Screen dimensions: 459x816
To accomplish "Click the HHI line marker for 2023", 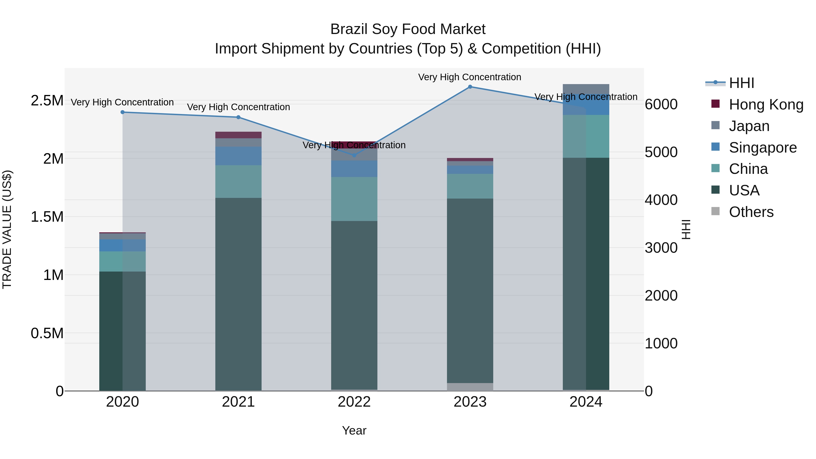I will [x=470, y=87].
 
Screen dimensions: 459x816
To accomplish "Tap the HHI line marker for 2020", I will [x=123, y=112].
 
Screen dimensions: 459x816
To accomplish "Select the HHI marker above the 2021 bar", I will [x=238, y=117].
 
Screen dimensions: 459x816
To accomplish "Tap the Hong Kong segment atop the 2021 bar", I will [x=238, y=135].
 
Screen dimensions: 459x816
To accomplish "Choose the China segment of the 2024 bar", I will [x=586, y=136].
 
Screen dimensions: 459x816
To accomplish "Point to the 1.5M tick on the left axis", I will [x=47, y=217].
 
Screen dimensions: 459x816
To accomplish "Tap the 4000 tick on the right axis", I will [x=661, y=200].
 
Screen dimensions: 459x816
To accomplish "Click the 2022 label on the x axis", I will [x=354, y=402].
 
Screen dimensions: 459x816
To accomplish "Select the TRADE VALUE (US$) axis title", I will [x=7, y=229].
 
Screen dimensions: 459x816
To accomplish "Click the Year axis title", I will [x=354, y=430].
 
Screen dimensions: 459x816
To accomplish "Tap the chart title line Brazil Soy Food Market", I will [x=408, y=29].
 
